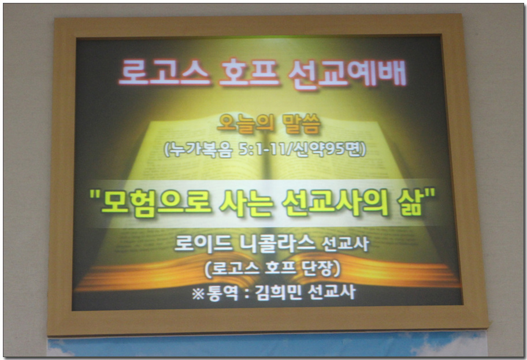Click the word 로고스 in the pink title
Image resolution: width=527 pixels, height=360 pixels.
pos(164,72)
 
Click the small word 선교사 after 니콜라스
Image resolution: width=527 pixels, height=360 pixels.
pos(345,244)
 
